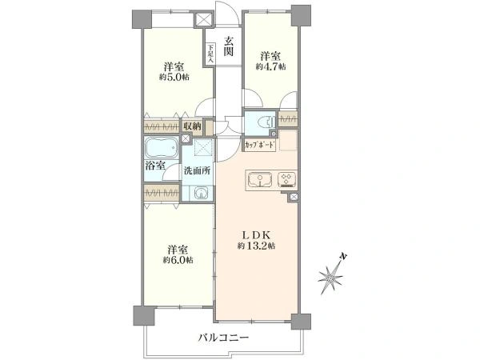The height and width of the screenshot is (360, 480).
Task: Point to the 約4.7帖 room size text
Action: pyautogui.click(x=269, y=66)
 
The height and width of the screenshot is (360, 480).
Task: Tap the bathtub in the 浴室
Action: pyautogui.click(x=162, y=149)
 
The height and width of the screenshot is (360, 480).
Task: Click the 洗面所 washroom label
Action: pyautogui.click(x=196, y=170)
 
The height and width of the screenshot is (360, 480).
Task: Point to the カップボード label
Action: pyautogui.click(x=261, y=145)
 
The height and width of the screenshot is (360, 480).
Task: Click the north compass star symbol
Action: pyautogui.click(x=330, y=278)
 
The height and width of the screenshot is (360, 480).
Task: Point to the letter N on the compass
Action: pyautogui.click(x=342, y=257)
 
